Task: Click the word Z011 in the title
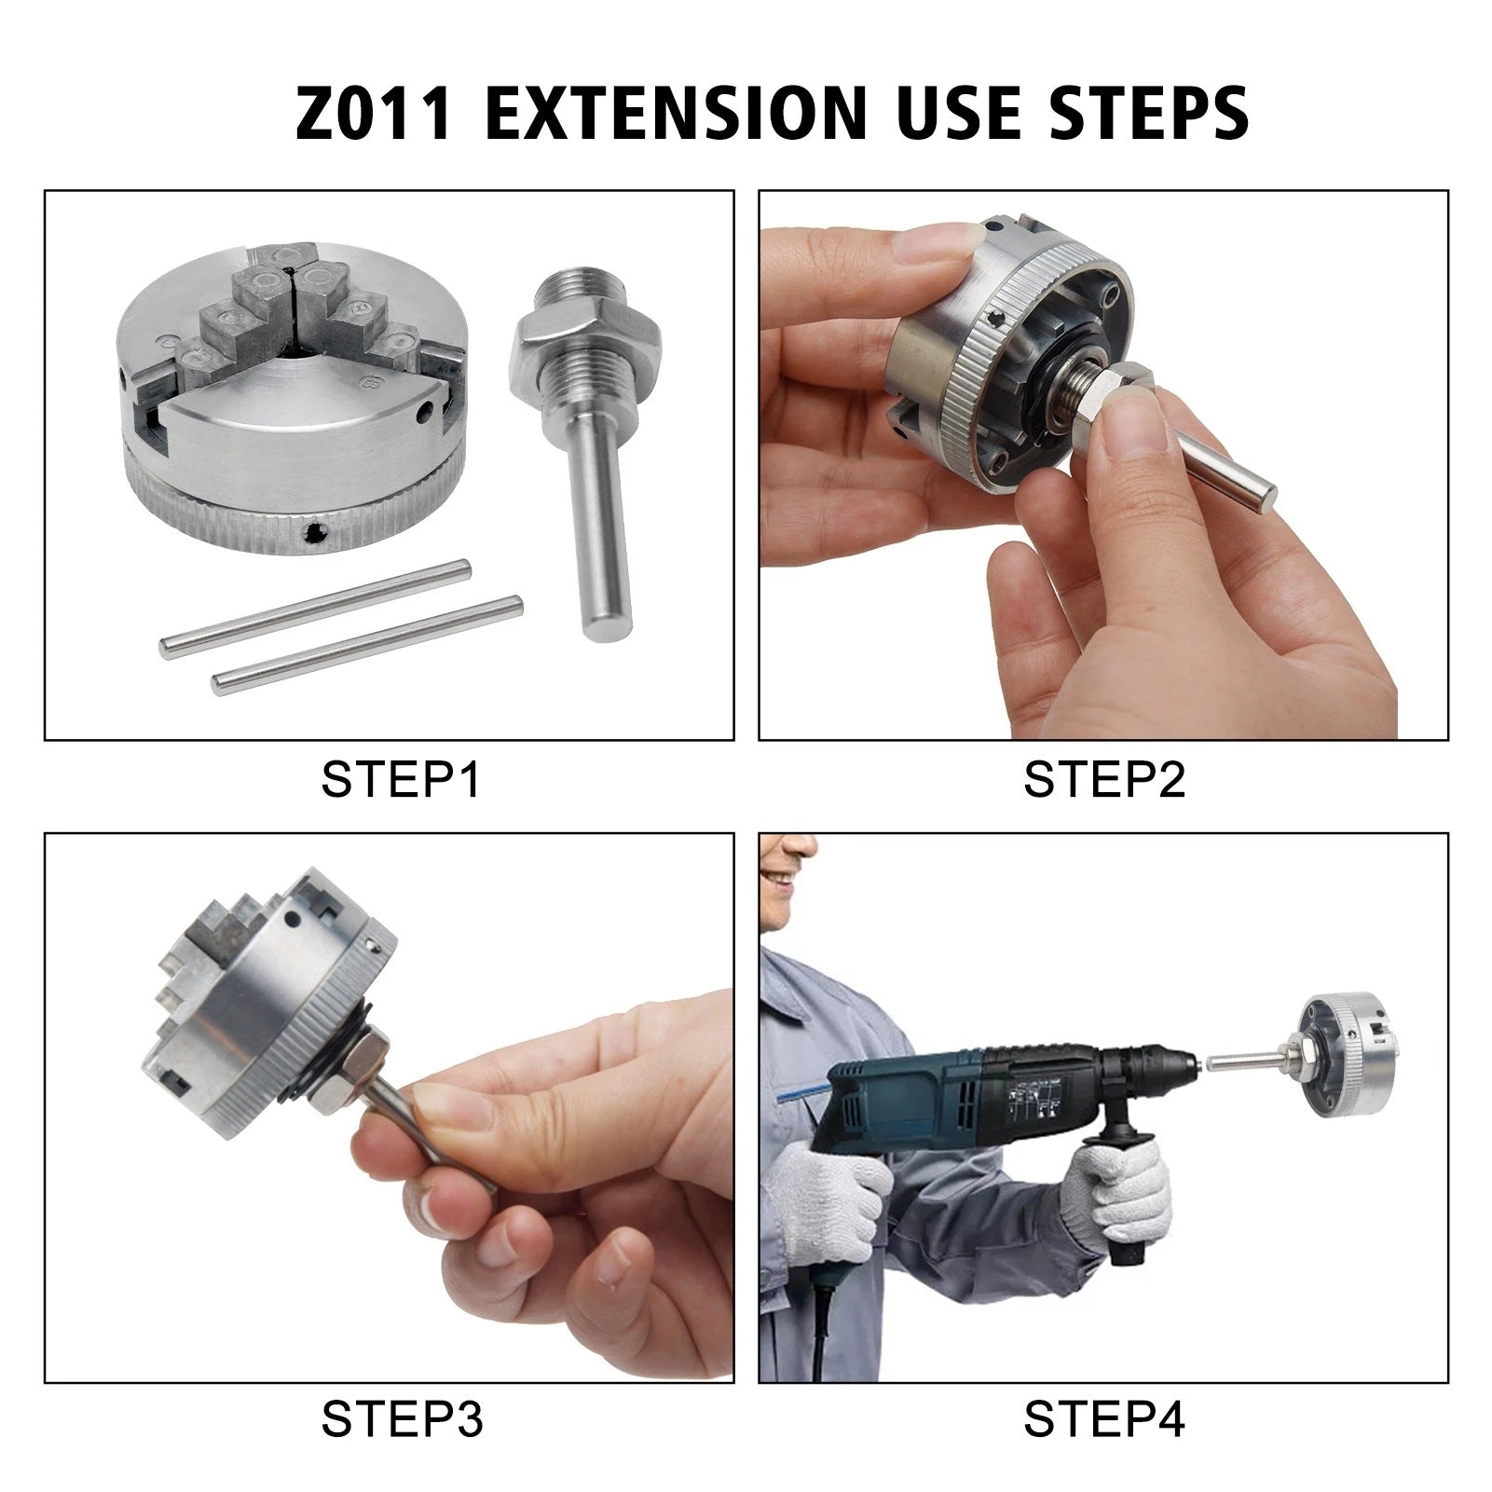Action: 373,112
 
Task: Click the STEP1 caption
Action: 401,780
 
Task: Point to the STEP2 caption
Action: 1103,780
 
